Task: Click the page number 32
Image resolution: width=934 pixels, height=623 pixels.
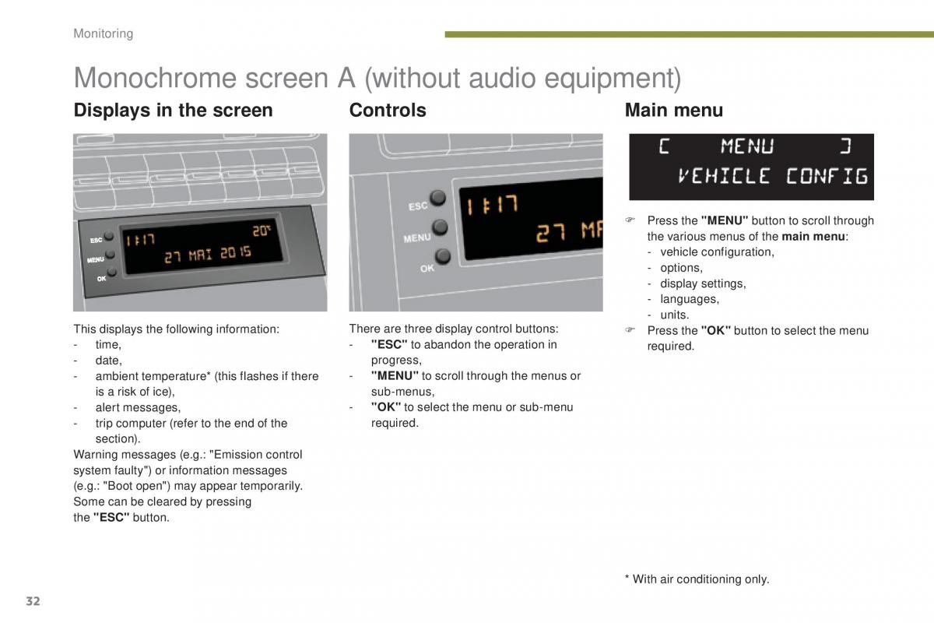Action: point(33,601)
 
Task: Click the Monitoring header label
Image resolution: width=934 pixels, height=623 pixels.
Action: point(103,33)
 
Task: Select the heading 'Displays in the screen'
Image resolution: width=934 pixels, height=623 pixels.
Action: point(173,110)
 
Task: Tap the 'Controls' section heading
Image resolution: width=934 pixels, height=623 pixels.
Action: point(388,110)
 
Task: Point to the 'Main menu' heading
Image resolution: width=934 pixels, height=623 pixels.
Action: point(674,110)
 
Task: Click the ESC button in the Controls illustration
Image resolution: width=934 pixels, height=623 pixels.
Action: point(437,198)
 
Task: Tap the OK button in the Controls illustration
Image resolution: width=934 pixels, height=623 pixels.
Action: point(443,256)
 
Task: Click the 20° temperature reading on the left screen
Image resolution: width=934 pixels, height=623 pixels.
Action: point(262,231)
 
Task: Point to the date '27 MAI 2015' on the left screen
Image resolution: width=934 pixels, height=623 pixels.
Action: point(208,254)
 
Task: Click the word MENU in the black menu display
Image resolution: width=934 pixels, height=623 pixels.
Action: point(747,146)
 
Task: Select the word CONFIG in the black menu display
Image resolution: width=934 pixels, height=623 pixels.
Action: point(827,176)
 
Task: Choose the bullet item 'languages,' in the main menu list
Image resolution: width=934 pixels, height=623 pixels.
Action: point(690,299)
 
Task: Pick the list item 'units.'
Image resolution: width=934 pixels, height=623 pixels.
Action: point(675,315)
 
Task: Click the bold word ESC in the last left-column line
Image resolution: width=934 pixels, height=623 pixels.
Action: point(111,517)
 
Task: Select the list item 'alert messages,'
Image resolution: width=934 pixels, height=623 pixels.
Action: point(138,408)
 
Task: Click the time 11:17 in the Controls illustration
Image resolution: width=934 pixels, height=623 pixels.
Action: point(493,206)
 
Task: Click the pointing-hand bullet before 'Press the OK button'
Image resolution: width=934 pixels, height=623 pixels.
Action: point(630,330)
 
